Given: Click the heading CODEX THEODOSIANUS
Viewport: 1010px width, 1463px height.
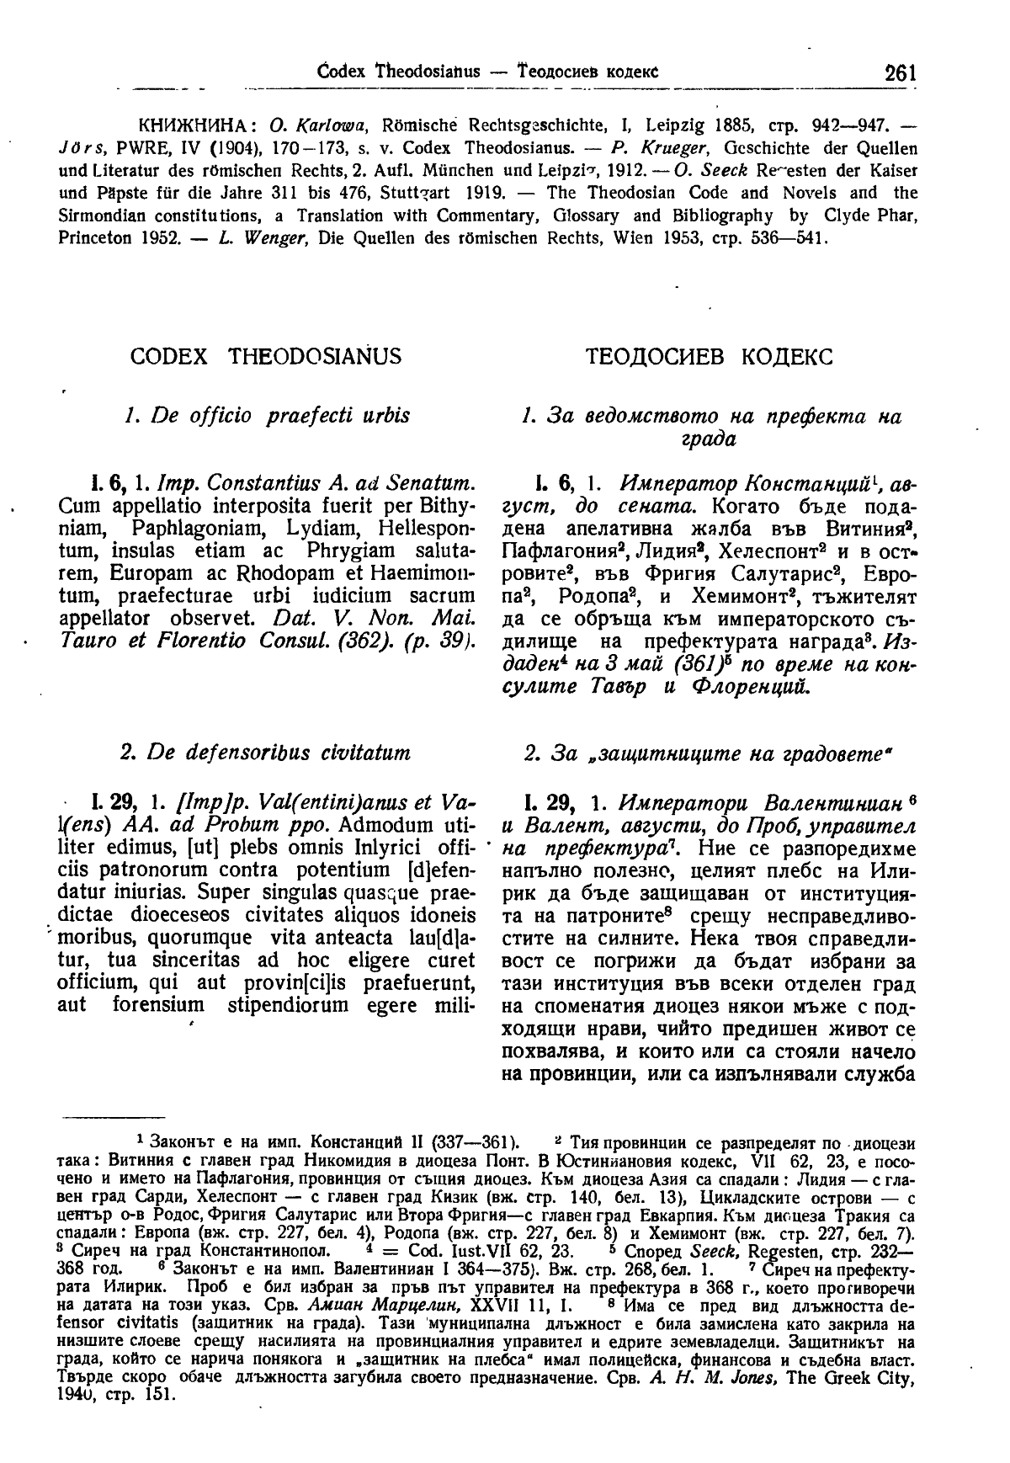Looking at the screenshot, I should click(x=266, y=357).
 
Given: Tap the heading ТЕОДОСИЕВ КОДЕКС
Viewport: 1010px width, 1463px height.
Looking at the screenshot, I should click(x=708, y=357).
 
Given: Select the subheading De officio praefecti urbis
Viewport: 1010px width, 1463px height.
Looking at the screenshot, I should click(x=266, y=415).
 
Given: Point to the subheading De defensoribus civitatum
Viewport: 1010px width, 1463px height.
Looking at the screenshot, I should click(x=266, y=751).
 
